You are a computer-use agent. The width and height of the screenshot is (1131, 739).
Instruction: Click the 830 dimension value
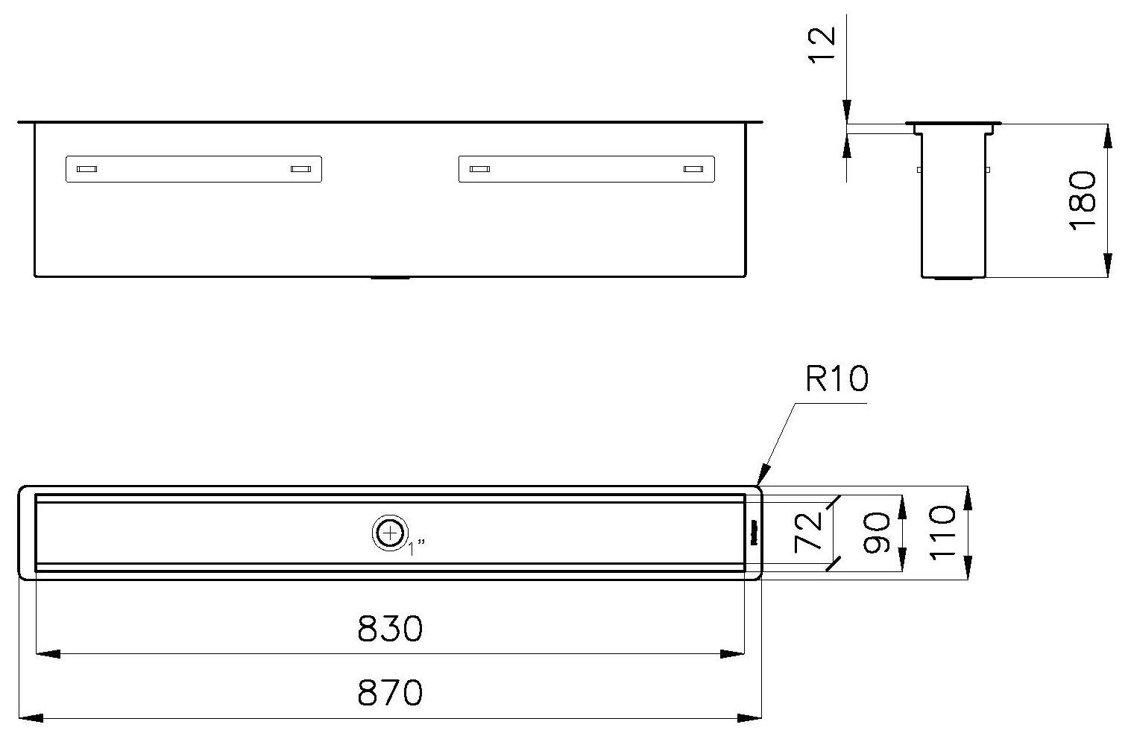pos(390,629)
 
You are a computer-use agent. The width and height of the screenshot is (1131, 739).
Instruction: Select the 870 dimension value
pos(390,694)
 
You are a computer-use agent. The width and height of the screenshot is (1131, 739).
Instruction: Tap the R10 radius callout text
pos(837,379)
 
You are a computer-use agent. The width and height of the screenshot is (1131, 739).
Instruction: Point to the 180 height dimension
pos(1083,200)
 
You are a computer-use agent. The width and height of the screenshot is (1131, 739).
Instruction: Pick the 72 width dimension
pos(809,530)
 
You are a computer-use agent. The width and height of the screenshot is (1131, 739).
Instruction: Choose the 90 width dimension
pos(876,532)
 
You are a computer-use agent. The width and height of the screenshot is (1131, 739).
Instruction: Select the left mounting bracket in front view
pos(194,169)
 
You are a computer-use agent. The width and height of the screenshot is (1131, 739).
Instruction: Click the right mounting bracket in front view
pos(586,169)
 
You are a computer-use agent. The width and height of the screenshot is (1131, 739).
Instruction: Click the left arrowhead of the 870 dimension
pos(28,718)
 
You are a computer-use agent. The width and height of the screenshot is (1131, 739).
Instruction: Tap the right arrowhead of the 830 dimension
pos(734,654)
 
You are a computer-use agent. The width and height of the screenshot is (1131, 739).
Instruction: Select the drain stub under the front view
pos(390,279)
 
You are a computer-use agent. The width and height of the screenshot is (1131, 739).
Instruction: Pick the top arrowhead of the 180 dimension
pos(1108,135)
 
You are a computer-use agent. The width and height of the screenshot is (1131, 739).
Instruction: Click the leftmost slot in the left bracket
pos(86,170)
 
